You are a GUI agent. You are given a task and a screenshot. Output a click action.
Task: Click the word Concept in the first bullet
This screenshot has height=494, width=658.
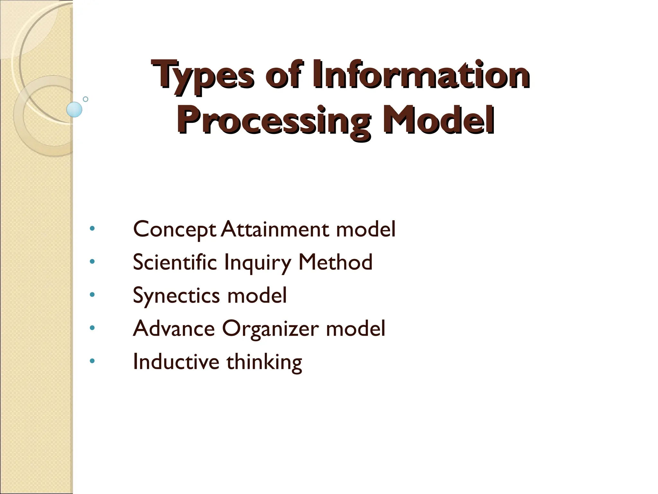coord(174,230)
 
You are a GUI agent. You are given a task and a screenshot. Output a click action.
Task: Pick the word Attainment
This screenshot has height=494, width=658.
coord(275,229)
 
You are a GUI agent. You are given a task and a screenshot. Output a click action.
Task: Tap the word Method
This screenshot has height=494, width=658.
coord(335,262)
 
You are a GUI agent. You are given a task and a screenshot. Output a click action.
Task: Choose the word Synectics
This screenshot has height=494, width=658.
coord(176,296)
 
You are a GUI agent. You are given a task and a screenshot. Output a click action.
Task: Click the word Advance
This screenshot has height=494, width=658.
coord(174,328)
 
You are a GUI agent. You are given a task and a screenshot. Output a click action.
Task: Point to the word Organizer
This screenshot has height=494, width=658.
coord(271,329)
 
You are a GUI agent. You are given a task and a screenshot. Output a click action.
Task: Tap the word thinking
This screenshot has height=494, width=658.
coord(264,362)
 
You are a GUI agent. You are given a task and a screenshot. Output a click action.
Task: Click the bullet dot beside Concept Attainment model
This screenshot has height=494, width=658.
coord(92,229)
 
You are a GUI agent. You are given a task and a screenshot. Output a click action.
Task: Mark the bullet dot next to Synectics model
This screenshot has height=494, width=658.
coord(92,295)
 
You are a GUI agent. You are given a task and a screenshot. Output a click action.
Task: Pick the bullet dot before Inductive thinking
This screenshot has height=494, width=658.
coord(92,361)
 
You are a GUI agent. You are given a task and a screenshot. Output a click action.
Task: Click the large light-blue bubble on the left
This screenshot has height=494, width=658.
coord(74,109)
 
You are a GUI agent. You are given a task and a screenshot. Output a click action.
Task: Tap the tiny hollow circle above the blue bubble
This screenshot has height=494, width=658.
coord(85,99)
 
